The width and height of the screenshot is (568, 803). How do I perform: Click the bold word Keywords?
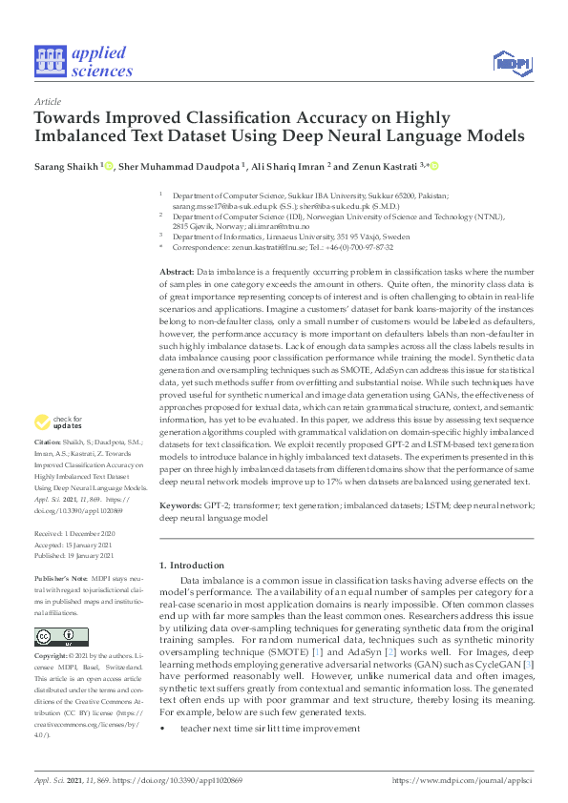point(179,505)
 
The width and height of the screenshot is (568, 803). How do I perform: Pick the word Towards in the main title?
point(71,119)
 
